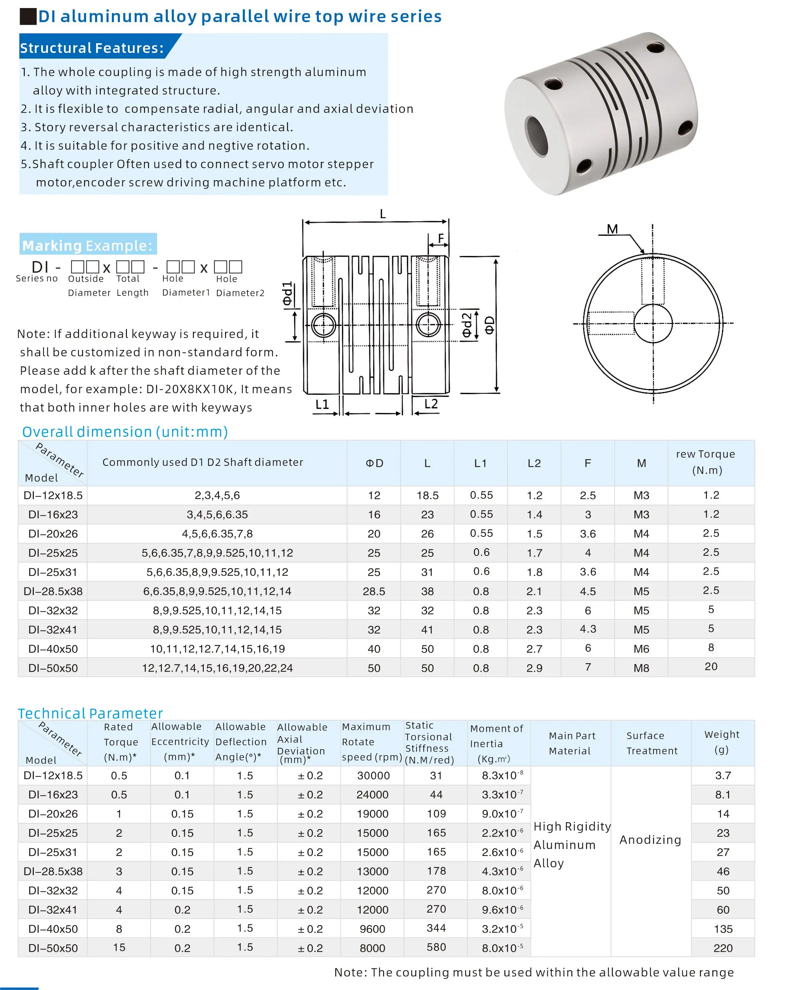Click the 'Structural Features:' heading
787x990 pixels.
click(x=91, y=48)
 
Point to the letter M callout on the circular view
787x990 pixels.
click(x=612, y=229)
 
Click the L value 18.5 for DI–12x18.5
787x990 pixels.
click(x=427, y=495)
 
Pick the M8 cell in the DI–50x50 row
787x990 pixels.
click(x=641, y=668)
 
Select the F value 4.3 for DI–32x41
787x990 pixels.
click(x=588, y=629)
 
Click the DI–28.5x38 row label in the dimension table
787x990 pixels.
click(x=53, y=591)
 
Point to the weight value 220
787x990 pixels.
click(x=723, y=948)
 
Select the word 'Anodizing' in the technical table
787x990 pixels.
click(x=650, y=840)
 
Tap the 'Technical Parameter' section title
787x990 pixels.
click(x=90, y=713)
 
